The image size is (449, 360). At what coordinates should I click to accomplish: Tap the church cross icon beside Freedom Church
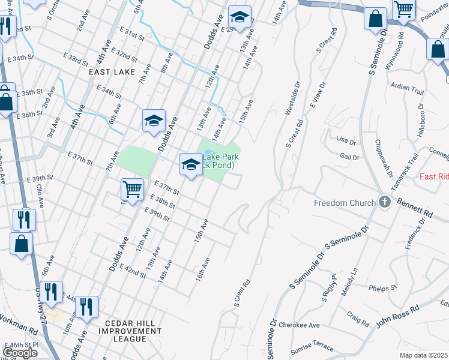tap(384, 203)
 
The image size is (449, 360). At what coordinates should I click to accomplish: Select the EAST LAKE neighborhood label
tap(110, 72)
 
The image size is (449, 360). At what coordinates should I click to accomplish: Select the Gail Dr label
tap(349, 157)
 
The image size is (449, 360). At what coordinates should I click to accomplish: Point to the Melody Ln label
tap(354, 280)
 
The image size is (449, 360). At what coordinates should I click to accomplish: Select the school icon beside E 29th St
tap(239, 19)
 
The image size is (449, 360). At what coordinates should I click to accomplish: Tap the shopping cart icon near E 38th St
tap(132, 189)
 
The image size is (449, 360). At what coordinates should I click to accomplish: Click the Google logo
tap(20, 352)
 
